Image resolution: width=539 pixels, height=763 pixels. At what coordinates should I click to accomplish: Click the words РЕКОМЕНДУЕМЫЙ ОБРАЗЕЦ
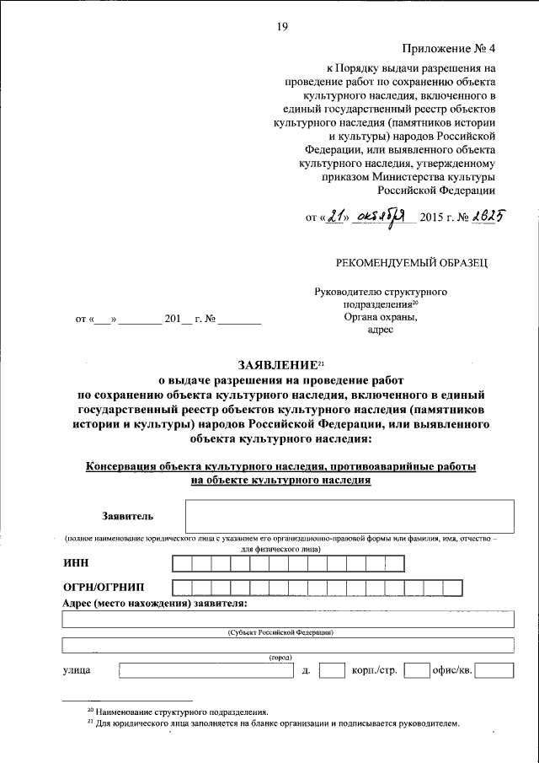(x=411, y=262)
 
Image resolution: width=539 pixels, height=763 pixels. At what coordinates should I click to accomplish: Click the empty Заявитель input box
(x=350, y=516)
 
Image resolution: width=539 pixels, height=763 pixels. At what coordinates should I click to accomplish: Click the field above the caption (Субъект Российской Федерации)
(x=288, y=620)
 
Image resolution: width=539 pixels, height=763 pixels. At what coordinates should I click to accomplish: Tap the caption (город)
(x=280, y=657)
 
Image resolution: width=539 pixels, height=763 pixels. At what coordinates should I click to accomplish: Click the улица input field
(x=205, y=671)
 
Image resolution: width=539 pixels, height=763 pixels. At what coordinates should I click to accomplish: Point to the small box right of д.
(x=333, y=671)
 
